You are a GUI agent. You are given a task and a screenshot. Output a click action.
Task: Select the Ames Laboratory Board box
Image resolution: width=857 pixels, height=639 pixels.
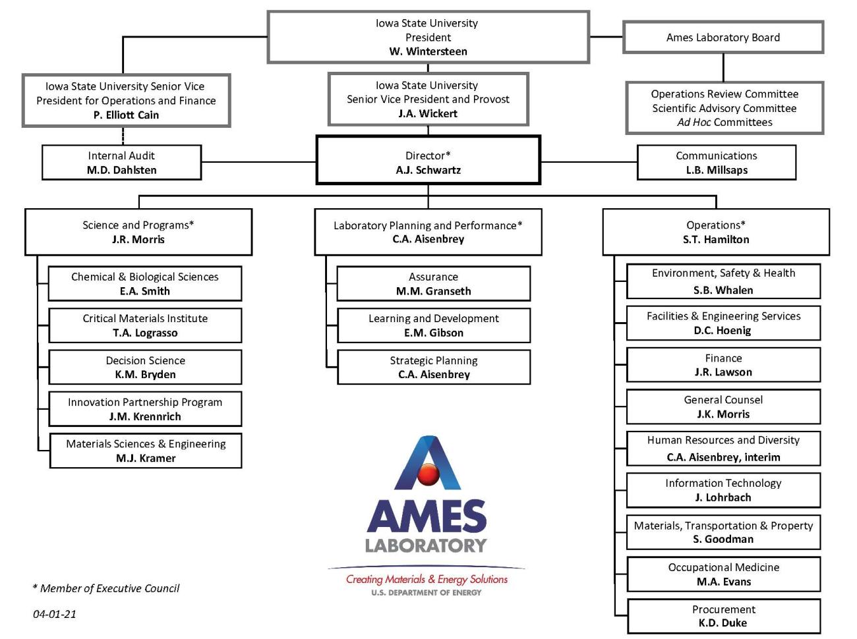point(723,38)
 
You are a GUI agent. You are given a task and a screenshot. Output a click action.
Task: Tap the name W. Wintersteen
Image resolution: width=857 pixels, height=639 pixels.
point(428,51)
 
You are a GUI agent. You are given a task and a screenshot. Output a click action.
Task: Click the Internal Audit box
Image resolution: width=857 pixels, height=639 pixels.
point(121,163)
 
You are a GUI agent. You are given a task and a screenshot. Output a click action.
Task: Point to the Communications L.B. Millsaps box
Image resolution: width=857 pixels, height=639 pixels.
point(716,163)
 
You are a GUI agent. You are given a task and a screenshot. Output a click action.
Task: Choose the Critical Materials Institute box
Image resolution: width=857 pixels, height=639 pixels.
point(145,325)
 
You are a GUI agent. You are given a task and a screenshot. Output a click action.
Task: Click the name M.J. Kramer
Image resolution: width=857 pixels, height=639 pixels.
point(146,458)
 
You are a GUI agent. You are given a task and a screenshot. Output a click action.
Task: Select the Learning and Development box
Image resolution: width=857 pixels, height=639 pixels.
point(433,325)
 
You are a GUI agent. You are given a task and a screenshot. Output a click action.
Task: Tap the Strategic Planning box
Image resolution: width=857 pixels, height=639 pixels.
point(433,367)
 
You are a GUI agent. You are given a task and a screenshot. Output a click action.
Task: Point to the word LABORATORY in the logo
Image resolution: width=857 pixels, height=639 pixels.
point(426,545)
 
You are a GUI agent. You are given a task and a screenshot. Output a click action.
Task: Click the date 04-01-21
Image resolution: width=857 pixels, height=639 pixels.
point(55,614)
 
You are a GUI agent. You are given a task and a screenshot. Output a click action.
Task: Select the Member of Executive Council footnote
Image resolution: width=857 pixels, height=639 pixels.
point(106,588)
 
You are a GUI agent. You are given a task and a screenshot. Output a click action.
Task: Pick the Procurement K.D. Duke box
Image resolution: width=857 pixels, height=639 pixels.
point(723,616)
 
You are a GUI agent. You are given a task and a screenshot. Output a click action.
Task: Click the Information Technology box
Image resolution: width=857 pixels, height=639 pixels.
point(723,490)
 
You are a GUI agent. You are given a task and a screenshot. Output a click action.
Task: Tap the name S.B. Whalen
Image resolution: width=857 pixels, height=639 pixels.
point(723,291)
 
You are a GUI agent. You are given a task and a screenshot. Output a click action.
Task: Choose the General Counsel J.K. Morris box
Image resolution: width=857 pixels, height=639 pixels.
point(723,406)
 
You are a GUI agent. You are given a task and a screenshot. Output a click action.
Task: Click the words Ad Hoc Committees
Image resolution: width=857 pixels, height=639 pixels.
point(724,123)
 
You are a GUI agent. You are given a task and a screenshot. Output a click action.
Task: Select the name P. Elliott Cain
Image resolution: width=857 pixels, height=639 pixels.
point(126,115)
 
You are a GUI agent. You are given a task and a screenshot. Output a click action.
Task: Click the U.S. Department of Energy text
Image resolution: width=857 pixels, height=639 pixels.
point(426,593)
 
